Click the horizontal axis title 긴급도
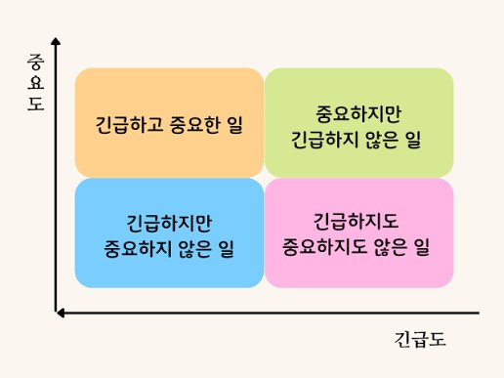[x=420, y=340]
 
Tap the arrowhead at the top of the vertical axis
[x=57, y=42]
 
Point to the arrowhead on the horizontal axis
[x=61, y=313]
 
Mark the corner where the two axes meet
[x=57, y=313]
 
